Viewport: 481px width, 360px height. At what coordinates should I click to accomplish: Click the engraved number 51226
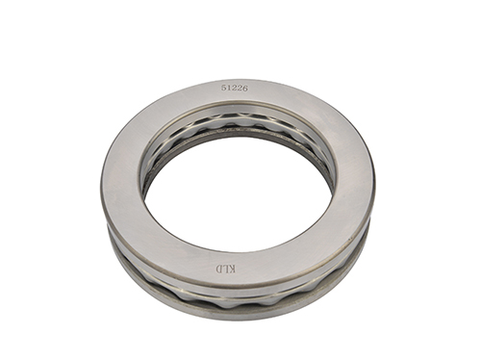click(x=235, y=89)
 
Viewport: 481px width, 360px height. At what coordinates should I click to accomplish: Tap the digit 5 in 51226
click(x=223, y=88)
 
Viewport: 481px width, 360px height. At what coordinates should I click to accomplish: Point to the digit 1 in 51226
click(x=229, y=88)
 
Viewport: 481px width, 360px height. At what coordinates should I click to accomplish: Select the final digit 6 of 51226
click(x=245, y=89)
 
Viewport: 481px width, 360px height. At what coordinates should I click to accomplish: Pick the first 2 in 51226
click(x=234, y=89)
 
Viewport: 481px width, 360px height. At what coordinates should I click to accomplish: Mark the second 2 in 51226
click(x=240, y=89)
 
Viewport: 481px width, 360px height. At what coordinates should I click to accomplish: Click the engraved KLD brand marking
click(x=225, y=269)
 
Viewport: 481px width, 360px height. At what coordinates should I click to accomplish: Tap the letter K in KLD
click(x=232, y=270)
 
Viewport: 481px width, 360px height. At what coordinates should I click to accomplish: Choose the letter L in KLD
click(x=225, y=269)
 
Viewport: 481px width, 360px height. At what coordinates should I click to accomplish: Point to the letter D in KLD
click(x=218, y=269)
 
